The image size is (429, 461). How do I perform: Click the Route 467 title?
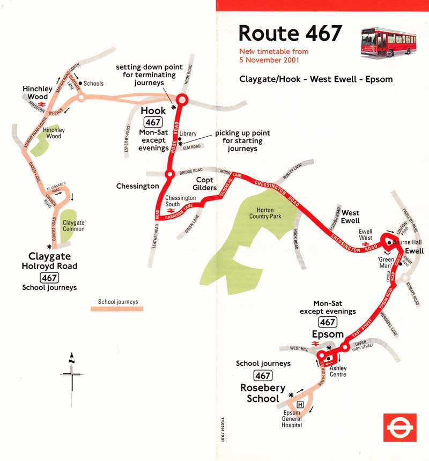[290, 33]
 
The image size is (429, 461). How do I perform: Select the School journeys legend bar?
[117, 309]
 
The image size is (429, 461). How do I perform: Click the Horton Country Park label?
[261, 213]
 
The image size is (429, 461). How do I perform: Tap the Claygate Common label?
[73, 226]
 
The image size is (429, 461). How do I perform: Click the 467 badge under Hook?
[153, 122]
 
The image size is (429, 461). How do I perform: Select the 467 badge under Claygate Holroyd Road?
[49, 277]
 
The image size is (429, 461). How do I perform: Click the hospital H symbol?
[300, 405]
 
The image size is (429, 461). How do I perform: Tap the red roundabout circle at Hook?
[181, 100]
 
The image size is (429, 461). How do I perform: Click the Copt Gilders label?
[206, 183]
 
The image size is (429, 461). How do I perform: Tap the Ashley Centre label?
[338, 371]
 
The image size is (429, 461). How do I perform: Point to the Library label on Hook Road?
[188, 133]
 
